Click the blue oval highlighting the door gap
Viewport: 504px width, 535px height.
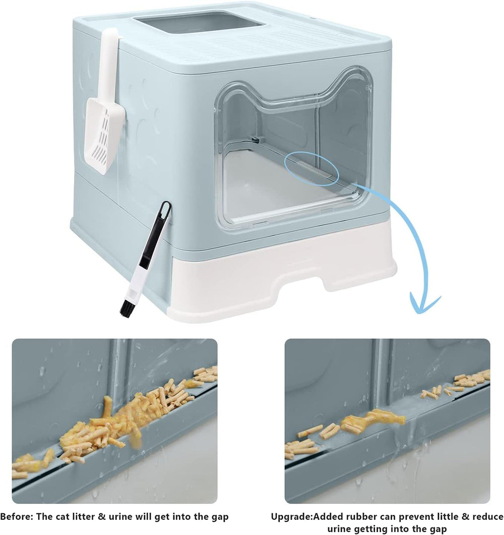pos(310,170)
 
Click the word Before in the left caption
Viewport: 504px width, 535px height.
pos(15,516)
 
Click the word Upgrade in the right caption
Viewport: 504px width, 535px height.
pos(290,516)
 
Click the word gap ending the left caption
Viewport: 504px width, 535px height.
pos(219,516)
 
